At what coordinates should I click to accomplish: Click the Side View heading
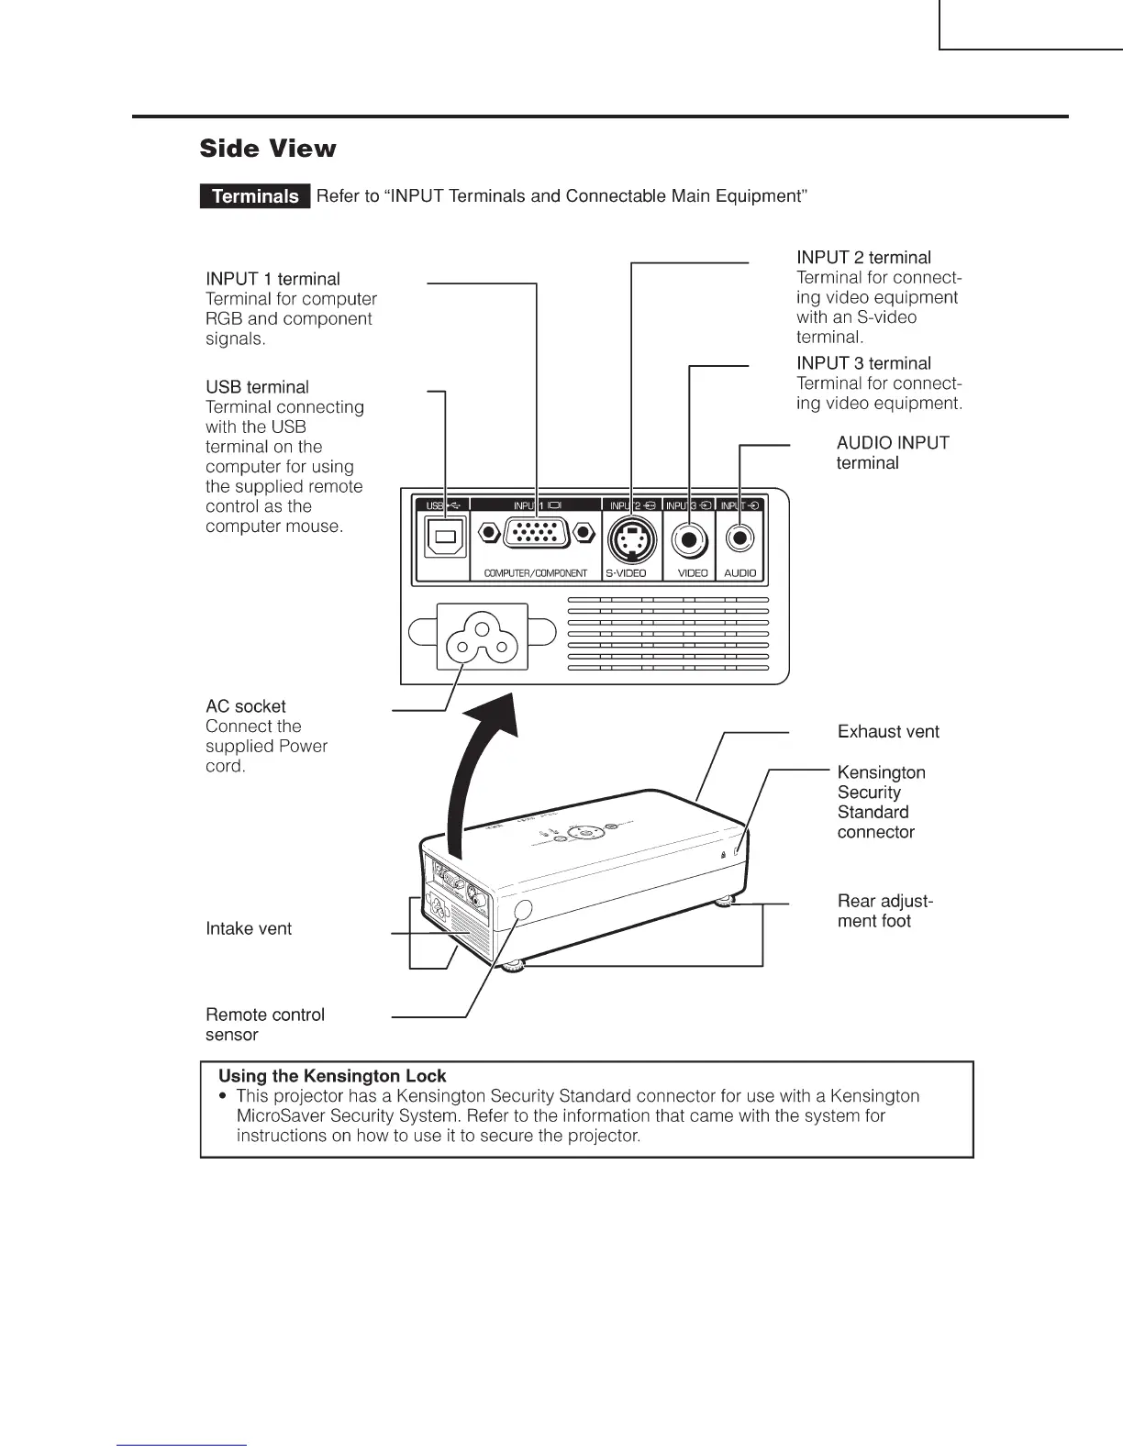pyautogui.click(x=268, y=149)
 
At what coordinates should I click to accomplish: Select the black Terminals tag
pyautogui.click(x=255, y=196)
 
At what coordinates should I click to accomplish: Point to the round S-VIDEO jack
pyautogui.click(x=631, y=536)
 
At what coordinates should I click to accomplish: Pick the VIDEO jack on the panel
pyautogui.click(x=689, y=539)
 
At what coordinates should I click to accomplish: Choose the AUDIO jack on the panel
pyautogui.click(x=739, y=538)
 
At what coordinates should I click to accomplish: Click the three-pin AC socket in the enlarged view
pyautogui.click(x=482, y=638)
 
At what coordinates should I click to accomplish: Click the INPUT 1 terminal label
pyautogui.click(x=272, y=279)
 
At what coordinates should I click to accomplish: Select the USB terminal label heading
pyautogui.click(x=257, y=387)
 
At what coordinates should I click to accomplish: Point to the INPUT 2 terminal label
pyautogui.click(x=863, y=258)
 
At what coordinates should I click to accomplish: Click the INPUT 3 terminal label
pyautogui.click(x=863, y=363)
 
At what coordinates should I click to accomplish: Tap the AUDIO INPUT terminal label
pyautogui.click(x=892, y=453)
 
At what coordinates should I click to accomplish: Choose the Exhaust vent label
pyautogui.click(x=888, y=731)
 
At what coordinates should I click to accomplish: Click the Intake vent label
pyautogui.click(x=249, y=928)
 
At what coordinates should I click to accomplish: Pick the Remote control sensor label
pyautogui.click(x=264, y=1025)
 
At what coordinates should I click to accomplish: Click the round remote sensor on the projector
pyautogui.click(x=523, y=910)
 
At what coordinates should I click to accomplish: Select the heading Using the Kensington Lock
pyautogui.click(x=332, y=1076)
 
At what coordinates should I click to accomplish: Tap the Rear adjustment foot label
pyautogui.click(x=884, y=911)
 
